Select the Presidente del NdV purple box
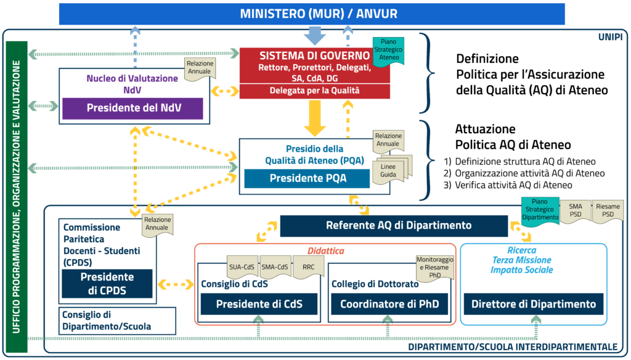click(132, 107)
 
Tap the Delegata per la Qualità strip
click(314, 91)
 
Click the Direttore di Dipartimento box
click(534, 304)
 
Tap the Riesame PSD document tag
click(607, 210)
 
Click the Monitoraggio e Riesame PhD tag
click(435, 267)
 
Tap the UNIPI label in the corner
click(609, 37)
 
